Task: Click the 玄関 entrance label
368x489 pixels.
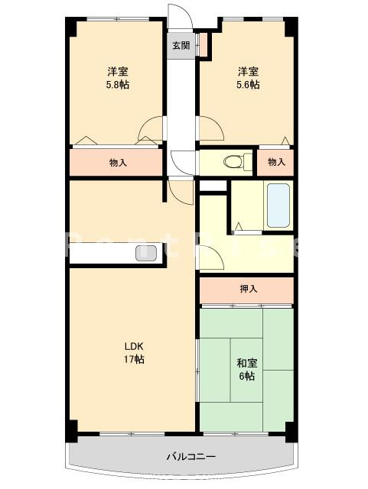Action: coord(181,45)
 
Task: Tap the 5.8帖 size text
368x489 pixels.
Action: coord(117,85)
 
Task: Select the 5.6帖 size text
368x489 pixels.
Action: coord(247,85)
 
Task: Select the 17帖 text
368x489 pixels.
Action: coord(135,359)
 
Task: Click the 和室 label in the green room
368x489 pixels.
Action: coord(246,363)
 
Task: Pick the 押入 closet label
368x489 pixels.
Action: coord(247,289)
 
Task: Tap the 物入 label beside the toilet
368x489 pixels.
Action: coord(277,162)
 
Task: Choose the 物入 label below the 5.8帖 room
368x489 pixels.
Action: coord(117,162)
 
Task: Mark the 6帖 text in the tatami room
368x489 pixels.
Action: coord(246,377)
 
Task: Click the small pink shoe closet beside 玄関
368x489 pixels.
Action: coord(204,46)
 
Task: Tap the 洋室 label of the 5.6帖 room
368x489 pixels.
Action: coord(247,71)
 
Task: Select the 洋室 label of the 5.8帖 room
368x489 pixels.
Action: coord(117,71)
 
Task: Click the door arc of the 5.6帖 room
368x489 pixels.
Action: coord(212,131)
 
